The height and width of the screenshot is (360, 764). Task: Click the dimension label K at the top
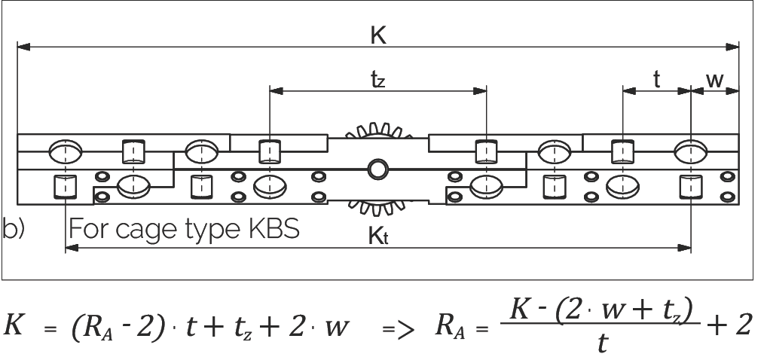point(378,35)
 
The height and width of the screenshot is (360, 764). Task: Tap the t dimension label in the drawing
point(656,79)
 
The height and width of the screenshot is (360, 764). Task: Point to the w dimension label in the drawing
point(714,79)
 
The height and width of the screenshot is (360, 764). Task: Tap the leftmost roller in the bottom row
point(66,185)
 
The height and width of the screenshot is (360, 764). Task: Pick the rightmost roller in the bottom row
point(690,185)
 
